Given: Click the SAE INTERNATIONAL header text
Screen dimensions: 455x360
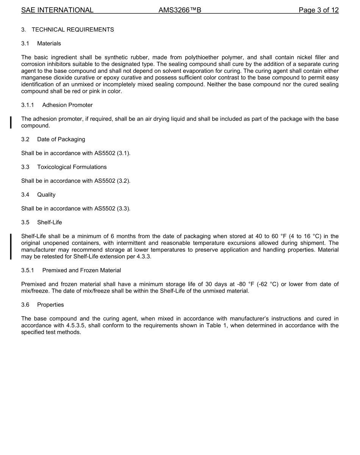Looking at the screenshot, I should click(57, 10).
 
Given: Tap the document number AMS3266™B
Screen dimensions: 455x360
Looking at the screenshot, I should click(180, 10).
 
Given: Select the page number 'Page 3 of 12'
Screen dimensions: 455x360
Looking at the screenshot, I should click(318, 10).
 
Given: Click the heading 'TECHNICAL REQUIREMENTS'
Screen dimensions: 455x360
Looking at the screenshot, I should click(73, 30).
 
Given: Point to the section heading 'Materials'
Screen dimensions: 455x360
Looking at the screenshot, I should click(49, 44).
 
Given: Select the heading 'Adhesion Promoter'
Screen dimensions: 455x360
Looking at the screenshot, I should click(67, 105).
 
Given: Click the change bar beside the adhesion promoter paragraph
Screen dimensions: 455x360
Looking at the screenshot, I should click(11, 122).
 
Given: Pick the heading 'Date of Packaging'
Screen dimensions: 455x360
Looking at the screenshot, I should click(61, 140).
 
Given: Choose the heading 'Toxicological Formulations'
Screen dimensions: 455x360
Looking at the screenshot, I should click(72, 167).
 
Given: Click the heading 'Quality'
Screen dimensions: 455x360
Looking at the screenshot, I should click(46, 195).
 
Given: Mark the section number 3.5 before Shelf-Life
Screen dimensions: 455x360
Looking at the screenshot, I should click(25, 223).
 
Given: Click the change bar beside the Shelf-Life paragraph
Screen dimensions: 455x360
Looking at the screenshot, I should click(11, 246).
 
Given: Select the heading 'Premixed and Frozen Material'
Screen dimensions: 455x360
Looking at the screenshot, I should click(81, 270).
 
